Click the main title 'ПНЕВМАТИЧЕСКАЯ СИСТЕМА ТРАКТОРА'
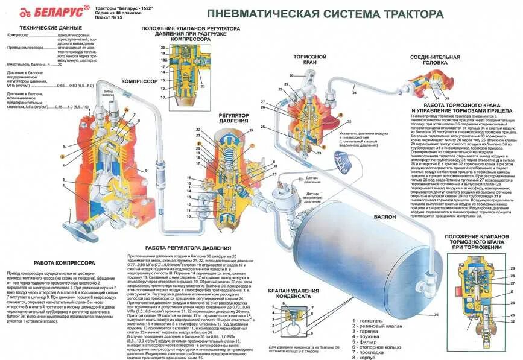(x=320, y=13)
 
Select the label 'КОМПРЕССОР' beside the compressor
(x=139, y=80)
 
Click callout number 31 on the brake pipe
(x=355, y=92)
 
